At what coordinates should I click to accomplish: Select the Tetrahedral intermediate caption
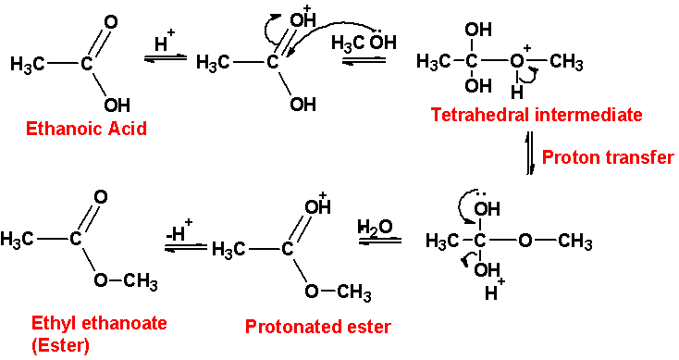click(x=535, y=115)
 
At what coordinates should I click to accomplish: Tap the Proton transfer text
click(x=607, y=157)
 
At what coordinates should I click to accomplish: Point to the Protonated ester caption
click(x=317, y=326)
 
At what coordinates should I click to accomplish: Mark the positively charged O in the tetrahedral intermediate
click(x=517, y=63)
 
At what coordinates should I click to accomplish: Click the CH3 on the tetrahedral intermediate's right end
click(x=565, y=63)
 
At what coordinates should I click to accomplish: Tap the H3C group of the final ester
click(x=19, y=240)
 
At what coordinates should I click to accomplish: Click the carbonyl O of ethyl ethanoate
click(x=100, y=197)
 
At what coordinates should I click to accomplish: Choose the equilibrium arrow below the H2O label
click(x=379, y=242)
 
